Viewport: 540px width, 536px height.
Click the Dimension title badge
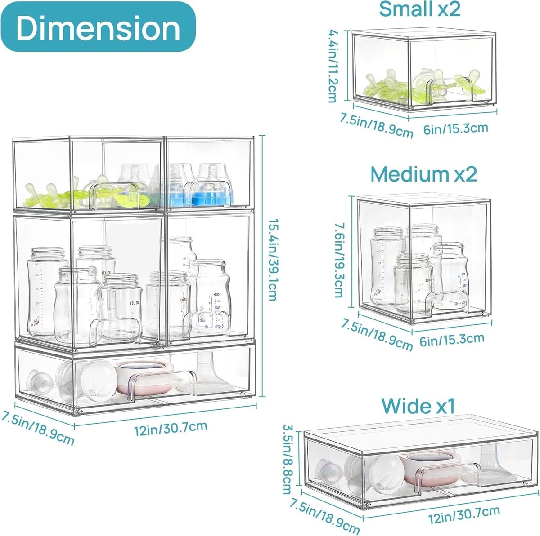[98, 27]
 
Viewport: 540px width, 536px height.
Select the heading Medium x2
[423, 174]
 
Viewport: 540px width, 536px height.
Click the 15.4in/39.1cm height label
[273, 259]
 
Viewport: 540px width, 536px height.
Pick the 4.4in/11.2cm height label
[334, 66]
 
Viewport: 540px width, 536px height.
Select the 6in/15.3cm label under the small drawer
[456, 128]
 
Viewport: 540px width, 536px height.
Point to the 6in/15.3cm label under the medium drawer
[452, 340]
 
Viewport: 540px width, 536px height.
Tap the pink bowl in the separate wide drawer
[430, 463]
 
